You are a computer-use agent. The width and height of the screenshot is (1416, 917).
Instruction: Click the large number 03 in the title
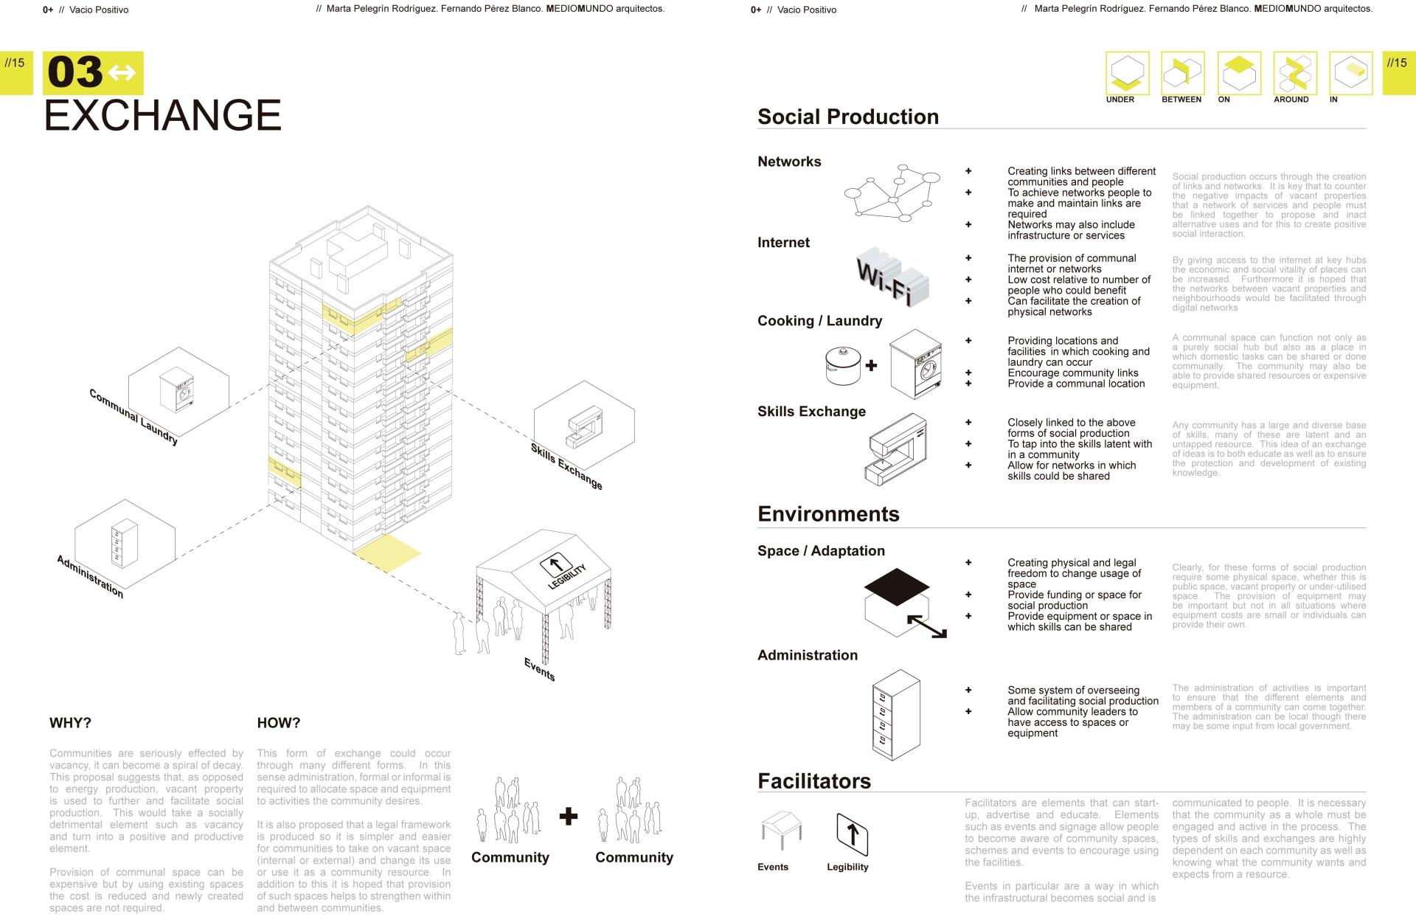[75, 72]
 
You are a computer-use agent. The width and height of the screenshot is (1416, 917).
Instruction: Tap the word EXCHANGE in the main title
[163, 115]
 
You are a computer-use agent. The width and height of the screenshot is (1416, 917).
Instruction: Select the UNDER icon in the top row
[1127, 73]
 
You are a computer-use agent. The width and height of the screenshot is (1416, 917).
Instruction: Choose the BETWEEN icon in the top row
[1182, 73]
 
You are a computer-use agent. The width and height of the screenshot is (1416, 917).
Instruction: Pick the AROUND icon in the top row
[1295, 73]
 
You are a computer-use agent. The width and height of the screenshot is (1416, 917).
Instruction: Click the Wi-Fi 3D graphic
[892, 277]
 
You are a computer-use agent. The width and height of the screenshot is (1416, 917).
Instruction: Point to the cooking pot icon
[843, 365]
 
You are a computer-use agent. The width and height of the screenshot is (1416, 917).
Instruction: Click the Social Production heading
[848, 117]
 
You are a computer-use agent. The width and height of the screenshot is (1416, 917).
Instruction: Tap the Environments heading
[828, 514]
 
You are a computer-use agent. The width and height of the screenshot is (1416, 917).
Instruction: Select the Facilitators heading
[814, 781]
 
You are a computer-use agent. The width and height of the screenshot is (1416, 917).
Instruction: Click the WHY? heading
[70, 723]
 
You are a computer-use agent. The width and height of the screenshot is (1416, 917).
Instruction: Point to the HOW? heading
[279, 723]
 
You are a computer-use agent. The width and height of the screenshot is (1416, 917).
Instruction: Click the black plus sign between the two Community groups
[568, 816]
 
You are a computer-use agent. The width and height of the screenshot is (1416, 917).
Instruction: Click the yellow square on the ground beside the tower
[387, 552]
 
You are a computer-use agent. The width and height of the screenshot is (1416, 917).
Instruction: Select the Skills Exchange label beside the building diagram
[566, 466]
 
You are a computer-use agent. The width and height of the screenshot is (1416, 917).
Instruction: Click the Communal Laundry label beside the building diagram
[133, 416]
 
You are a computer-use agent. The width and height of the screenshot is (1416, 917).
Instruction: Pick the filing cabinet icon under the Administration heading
[895, 715]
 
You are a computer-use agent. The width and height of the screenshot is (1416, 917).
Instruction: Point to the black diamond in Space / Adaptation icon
[895, 585]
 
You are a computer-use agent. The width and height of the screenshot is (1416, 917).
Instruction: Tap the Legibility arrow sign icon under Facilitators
[852, 834]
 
